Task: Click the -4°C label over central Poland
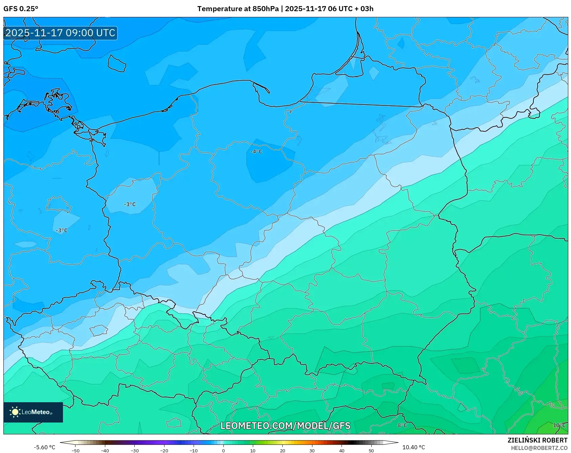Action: point(256,152)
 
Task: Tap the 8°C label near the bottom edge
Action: point(402,425)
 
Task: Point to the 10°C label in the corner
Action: point(559,425)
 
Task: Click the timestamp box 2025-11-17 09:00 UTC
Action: point(60,33)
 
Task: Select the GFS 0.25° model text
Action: point(21,9)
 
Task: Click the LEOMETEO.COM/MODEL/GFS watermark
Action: point(285,426)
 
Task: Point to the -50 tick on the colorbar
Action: point(75,450)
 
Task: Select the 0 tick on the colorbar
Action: point(223,450)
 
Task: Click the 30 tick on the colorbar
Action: point(312,450)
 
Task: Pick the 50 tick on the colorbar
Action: point(371,450)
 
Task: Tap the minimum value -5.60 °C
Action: point(44,447)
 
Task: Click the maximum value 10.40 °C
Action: point(414,447)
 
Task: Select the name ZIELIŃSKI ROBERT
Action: point(537,440)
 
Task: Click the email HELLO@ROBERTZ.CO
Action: point(539,448)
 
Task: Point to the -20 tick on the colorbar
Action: point(164,450)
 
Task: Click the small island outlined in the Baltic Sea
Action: point(117,64)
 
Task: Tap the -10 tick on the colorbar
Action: point(194,450)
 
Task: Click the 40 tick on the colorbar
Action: point(342,450)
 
